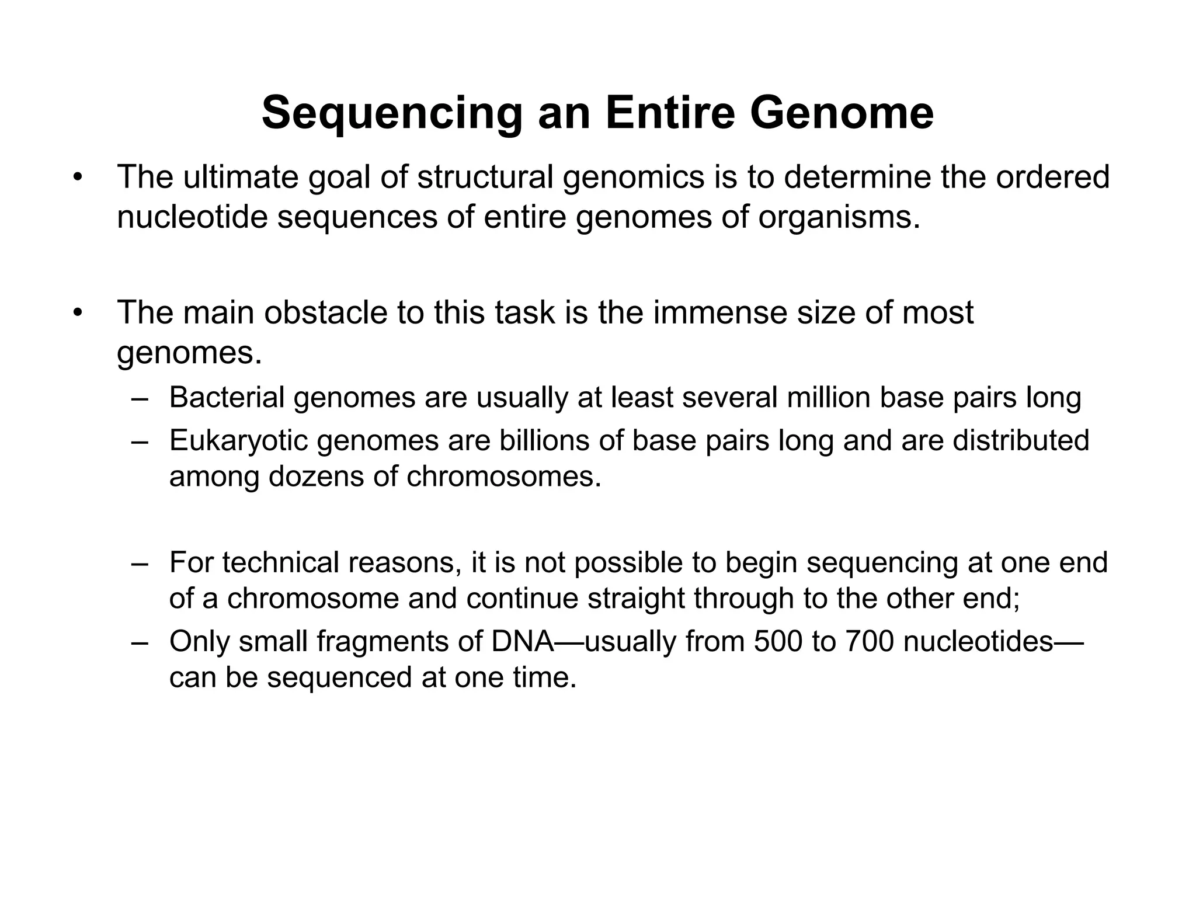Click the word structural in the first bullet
(485, 177)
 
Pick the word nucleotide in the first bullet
(191, 217)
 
